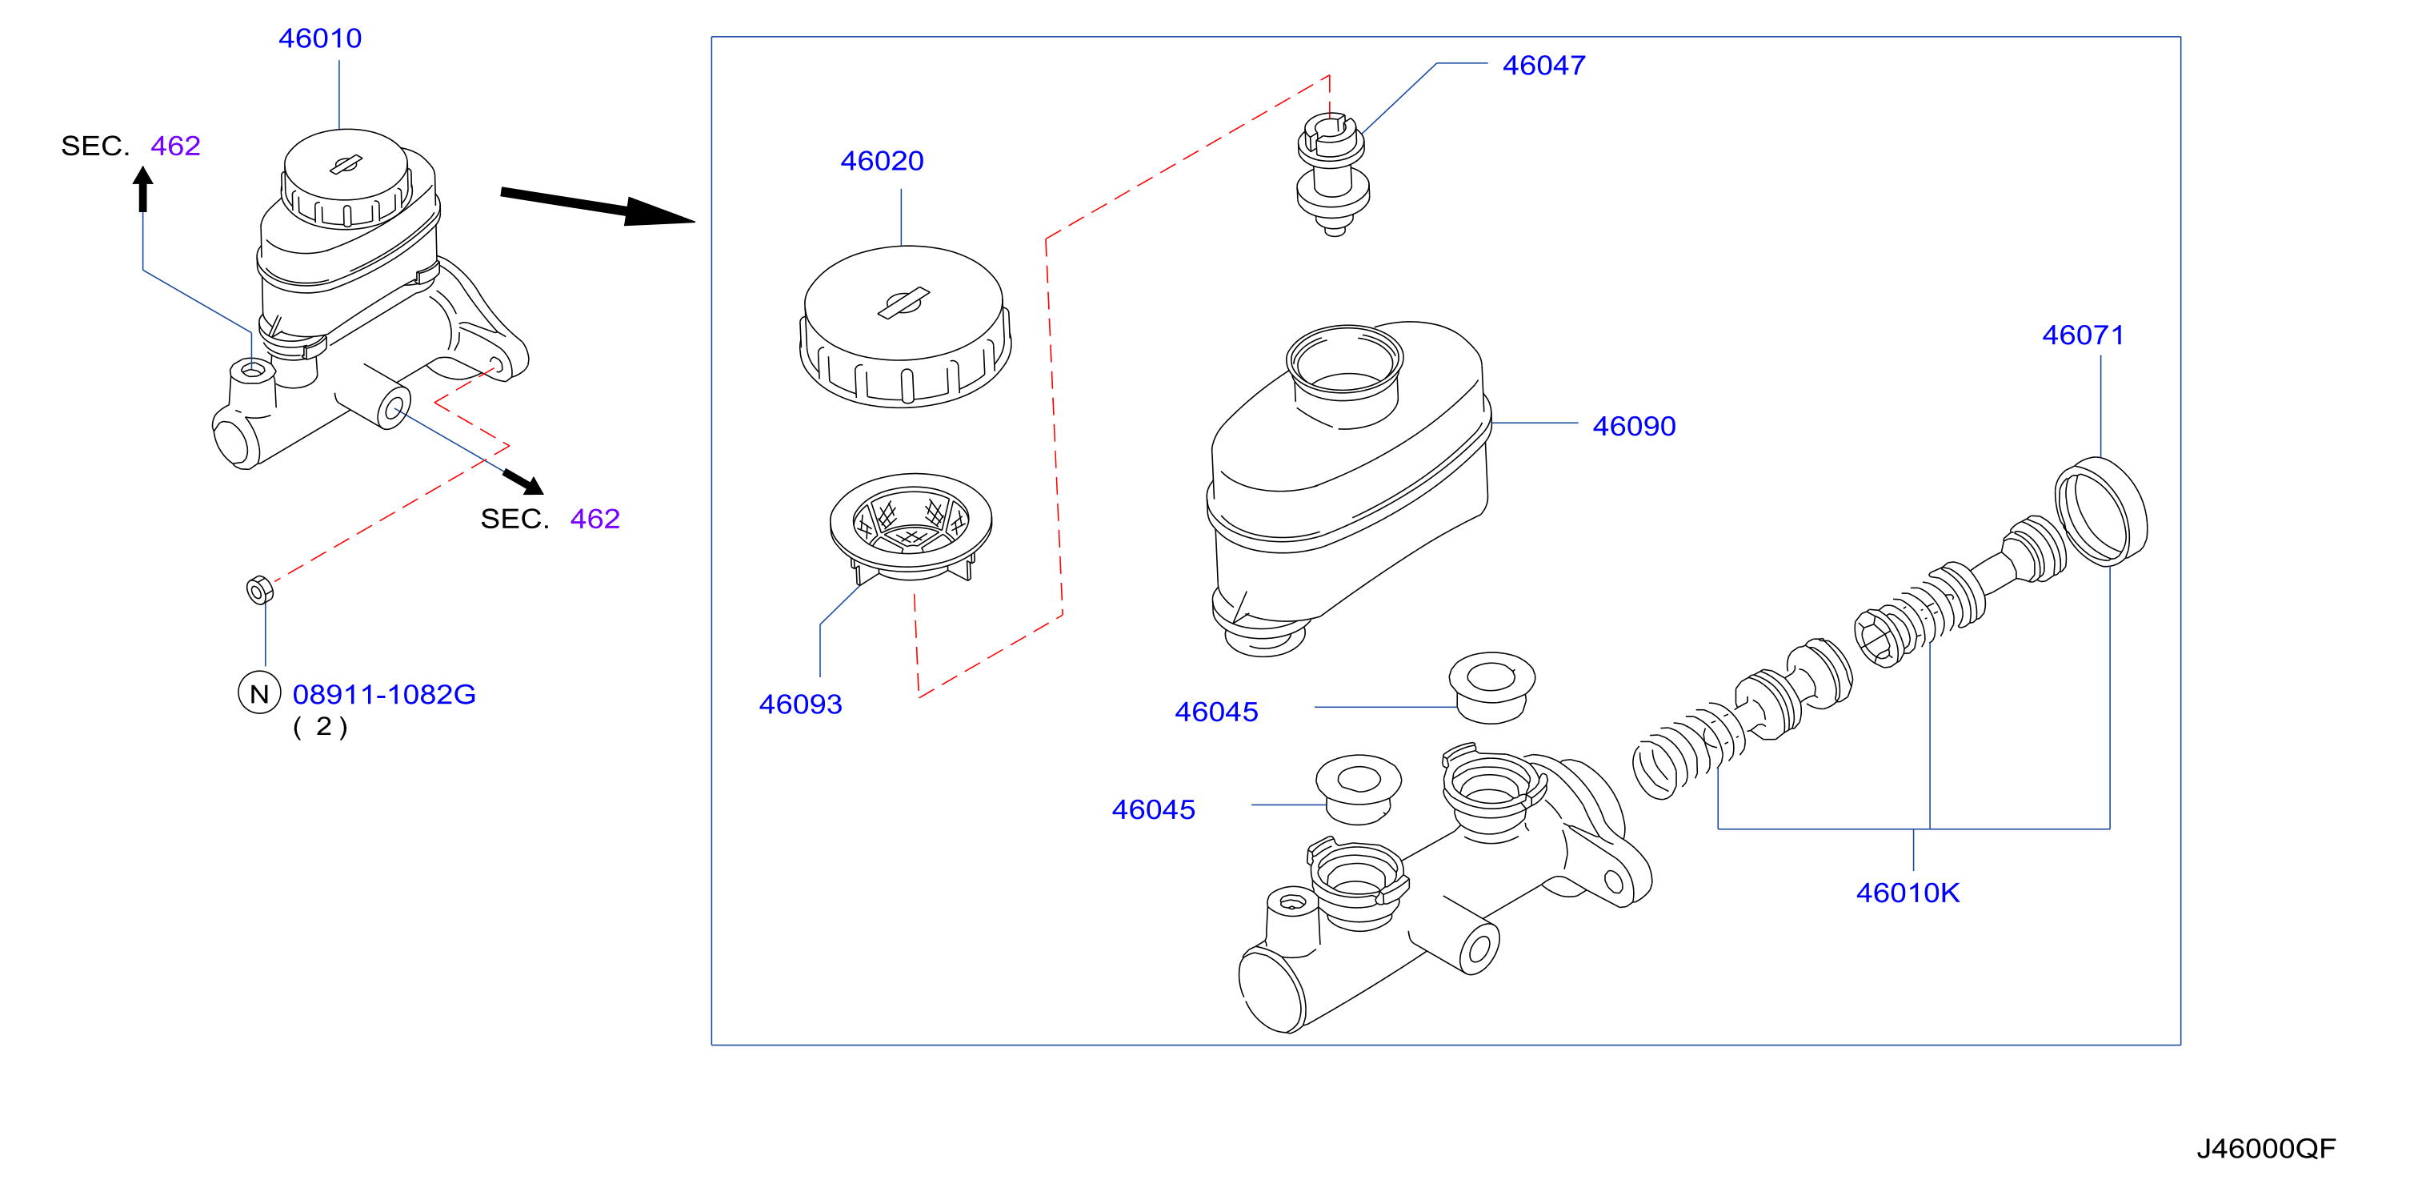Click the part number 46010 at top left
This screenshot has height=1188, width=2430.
coord(320,38)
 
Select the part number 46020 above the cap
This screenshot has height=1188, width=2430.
coord(882,162)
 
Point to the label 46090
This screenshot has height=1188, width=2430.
coord(1634,427)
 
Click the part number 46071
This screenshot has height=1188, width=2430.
coord(2083,336)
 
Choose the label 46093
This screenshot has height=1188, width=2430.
coord(800,704)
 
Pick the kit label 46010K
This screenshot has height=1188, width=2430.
coord(1908,893)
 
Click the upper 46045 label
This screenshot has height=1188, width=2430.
coord(1216,712)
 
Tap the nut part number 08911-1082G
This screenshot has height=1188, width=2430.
coord(384,696)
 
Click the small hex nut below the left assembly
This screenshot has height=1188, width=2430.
coord(259,590)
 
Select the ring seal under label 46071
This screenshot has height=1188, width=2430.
coord(2101,512)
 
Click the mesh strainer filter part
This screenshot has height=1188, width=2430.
coord(911,527)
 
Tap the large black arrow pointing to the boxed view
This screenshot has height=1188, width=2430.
coord(597,207)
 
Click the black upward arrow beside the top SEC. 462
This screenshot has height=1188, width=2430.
coord(143,190)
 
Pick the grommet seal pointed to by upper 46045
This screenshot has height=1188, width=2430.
coord(1491,688)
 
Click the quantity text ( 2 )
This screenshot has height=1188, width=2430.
coord(321,728)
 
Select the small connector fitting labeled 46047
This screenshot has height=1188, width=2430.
coord(1332,175)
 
